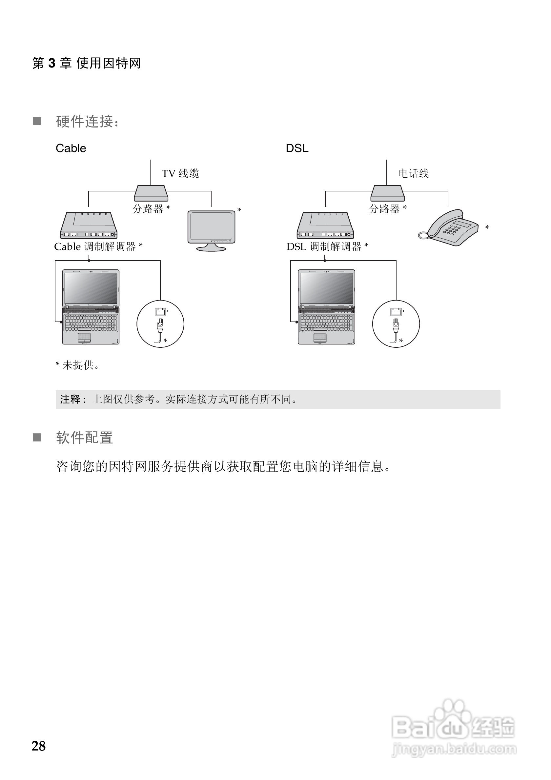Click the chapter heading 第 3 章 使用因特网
(86, 63)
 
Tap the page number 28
(38, 746)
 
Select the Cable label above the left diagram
(71, 148)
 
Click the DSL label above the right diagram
(297, 148)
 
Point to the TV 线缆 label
(180, 174)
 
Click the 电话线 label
(413, 174)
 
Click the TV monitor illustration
(212, 229)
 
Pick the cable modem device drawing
(89, 225)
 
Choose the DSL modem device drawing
(325, 225)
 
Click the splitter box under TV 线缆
(151, 193)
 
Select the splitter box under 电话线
(387, 193)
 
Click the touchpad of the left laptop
(84, 338)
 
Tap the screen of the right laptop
(327, 288)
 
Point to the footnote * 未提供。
(78, 365)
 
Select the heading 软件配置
(84, 438)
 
